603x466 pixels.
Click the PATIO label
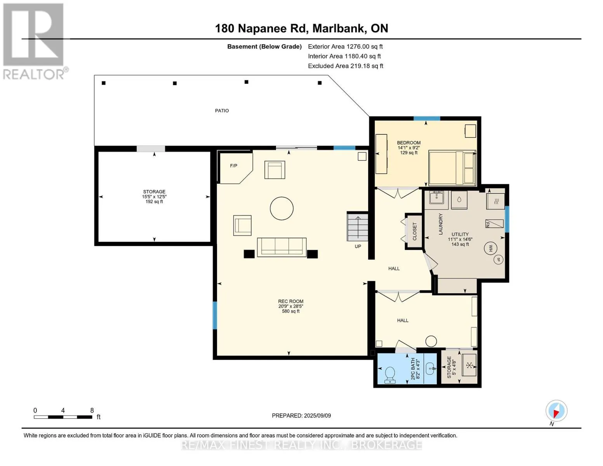point(222,111)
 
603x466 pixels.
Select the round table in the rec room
point(282,209)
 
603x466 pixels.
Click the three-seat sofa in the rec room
point(282,247)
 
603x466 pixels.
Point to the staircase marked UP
point(358,227)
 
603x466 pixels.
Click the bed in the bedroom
point(452,168)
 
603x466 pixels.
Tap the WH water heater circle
point(490,248)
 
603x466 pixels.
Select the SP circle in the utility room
point(499,259)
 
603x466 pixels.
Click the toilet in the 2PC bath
point(390,375)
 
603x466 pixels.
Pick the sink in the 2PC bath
point(430,369)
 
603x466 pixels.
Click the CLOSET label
point(415,231)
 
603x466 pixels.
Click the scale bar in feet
point(63,417)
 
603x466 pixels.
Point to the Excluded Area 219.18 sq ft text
point(346,66)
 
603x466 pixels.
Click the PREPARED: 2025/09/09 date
point(301,416)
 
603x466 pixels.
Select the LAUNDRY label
point(440,224)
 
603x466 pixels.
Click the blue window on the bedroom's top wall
point(427,118)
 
